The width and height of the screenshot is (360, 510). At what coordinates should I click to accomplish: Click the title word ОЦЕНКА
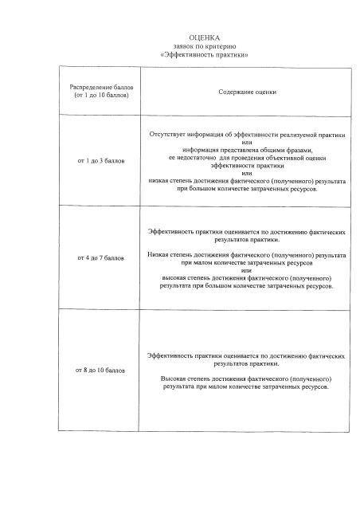(x=204, y=37)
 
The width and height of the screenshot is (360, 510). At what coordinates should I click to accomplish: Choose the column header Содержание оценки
(x=248, y=92)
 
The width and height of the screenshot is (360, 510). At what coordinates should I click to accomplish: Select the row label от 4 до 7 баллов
(x=100, y=258)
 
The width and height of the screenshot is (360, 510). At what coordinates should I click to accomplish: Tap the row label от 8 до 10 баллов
(x=100, y=371)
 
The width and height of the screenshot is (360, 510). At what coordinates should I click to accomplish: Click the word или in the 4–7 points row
(x=247, y=270)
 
